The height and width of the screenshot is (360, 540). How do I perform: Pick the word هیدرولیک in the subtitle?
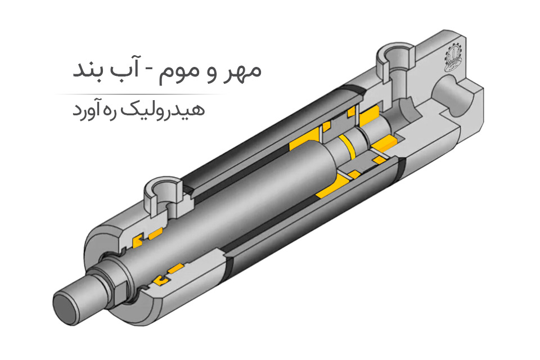pos(179,109)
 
